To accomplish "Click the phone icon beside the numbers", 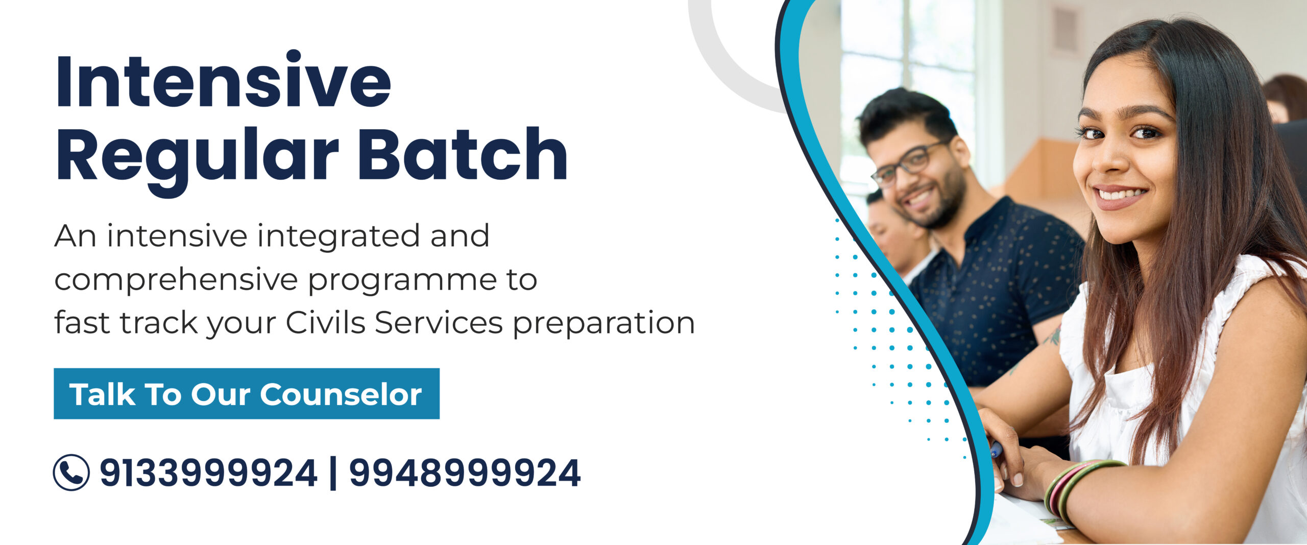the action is [71, 472].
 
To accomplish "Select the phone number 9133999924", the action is [208, 473].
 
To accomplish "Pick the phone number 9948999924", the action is [465, 473].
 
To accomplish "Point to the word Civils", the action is [325, 322].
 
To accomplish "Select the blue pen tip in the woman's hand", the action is [996, 449].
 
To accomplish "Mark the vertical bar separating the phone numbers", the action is [333, 473].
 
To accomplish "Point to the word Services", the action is [439, 322].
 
